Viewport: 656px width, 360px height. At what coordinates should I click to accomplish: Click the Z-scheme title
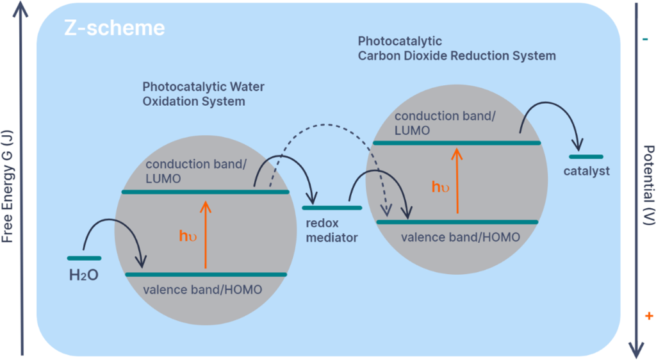pos(113,28)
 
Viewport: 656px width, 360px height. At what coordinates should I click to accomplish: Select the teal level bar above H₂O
pos(84,258)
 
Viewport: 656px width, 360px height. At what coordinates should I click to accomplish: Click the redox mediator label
pos(331,231)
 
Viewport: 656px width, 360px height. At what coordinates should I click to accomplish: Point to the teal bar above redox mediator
pos(332,208)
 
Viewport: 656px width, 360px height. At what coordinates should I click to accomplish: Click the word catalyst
pos(586,171)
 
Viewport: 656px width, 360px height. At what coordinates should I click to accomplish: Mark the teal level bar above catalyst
pos(586,156)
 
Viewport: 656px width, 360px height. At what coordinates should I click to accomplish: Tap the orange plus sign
pos(648,316)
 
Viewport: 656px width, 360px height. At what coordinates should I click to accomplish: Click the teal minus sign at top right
pos(644,40)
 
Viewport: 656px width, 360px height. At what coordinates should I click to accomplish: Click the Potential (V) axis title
pos(648,186)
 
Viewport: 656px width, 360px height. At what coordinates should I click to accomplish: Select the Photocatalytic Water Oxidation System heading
pos(203,94)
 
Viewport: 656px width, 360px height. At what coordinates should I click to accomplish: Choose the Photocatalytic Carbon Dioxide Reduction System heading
pos(456,49)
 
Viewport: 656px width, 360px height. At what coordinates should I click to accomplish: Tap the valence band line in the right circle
pos(457,222)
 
